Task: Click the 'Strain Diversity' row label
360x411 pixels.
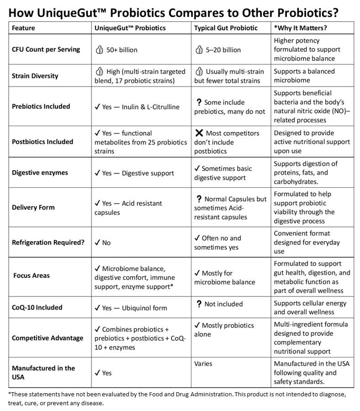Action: pyautogui.click(x=35, y=76)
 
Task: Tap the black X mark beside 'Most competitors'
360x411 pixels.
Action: pyautogui.click(x=199, y=133)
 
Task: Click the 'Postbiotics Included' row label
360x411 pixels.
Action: pyautogui.click(x=42, y=142)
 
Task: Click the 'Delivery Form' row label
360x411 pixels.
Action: pyautogui.click(x=33, y=207)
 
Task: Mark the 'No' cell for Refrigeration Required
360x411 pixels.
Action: pyautogui.click(x=106, y=242)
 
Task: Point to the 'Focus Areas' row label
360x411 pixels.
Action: pyautogui.click(x=32, y=276)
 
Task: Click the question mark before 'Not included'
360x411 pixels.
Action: pyautogui.click(x=199, y=304)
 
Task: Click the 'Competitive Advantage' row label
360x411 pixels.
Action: pyautogui.click(x=48, y=338)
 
